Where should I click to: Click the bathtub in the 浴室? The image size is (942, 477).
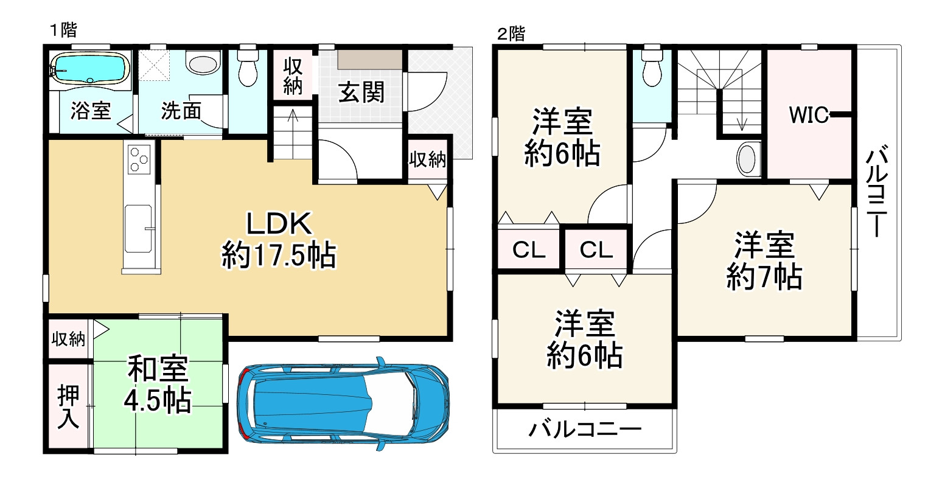[90, 67]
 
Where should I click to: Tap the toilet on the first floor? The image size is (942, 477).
[248, 68]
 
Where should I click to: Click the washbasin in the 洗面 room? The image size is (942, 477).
[203, 64]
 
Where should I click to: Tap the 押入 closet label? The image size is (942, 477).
[68, 407]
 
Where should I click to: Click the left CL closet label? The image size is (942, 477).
[528, 249]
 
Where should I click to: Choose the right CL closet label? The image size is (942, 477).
[595, 249]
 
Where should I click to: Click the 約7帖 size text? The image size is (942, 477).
[763, 278]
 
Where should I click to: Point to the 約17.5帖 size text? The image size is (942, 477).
[278, 255]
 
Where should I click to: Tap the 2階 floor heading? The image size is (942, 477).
[511, 34]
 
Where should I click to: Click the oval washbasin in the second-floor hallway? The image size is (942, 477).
[747, 159]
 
